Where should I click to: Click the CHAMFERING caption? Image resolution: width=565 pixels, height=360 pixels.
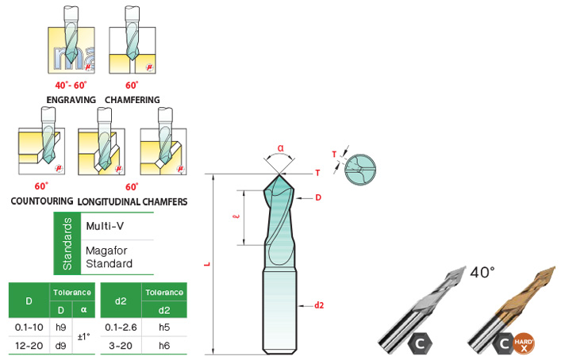pos(133,100)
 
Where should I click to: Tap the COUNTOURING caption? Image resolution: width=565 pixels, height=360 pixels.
pos(42,201)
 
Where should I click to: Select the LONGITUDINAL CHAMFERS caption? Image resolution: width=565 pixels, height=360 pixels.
pos(133,201)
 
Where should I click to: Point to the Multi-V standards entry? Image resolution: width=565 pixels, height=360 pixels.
pos(104,226)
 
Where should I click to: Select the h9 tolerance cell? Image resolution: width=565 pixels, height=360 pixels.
pos(60,327)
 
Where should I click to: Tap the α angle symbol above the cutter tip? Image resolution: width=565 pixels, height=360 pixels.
pos(281,147)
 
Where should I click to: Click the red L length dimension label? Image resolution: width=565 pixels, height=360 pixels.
pos(206,265)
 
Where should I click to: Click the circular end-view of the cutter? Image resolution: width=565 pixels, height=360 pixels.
pos(361,164)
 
